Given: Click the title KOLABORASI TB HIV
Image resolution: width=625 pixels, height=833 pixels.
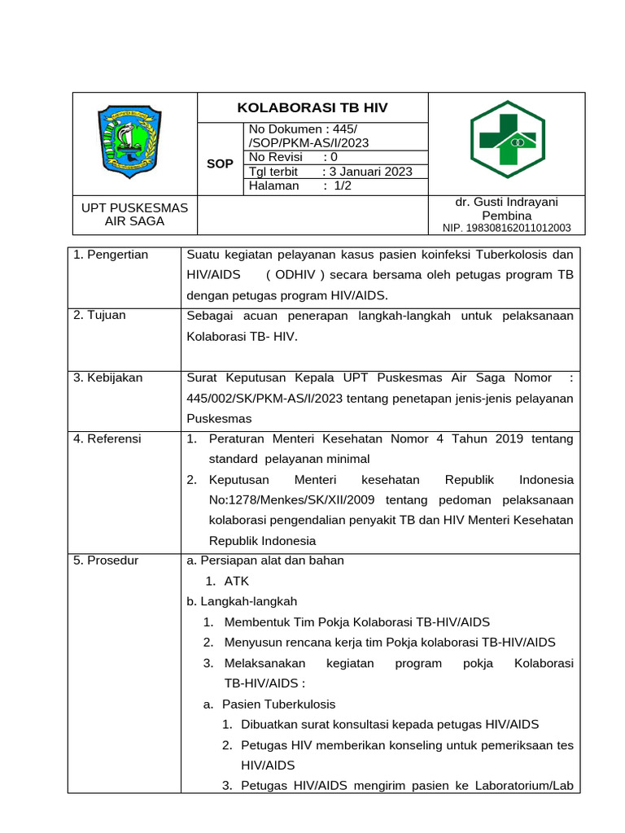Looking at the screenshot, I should (x=312, y=107).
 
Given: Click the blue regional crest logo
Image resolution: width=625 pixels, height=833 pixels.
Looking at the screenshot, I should (x=135, y=140).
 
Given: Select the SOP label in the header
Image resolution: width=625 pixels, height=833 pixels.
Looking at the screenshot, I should (x=220, y=164).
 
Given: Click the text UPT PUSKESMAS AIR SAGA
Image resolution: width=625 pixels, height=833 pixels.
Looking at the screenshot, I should (x=135, y=215).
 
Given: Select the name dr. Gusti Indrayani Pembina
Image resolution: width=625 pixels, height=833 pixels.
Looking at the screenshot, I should (x=506, y=208).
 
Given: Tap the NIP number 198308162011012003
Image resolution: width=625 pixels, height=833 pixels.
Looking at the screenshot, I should (x=506, y=229).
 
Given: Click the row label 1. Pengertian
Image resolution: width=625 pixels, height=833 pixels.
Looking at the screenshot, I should (x=111, y=255).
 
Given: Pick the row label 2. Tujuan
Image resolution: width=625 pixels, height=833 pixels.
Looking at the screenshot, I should (x=99, y=315).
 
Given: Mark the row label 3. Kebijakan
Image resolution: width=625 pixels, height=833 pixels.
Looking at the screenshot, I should (x=107, y=377).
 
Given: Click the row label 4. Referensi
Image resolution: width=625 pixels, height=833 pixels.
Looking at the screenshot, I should (x=107, y=438).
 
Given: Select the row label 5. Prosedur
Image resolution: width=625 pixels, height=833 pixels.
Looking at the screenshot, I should (x=106, y=560).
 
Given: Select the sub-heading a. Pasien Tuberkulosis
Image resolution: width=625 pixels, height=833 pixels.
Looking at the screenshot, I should (x=269, y=704).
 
